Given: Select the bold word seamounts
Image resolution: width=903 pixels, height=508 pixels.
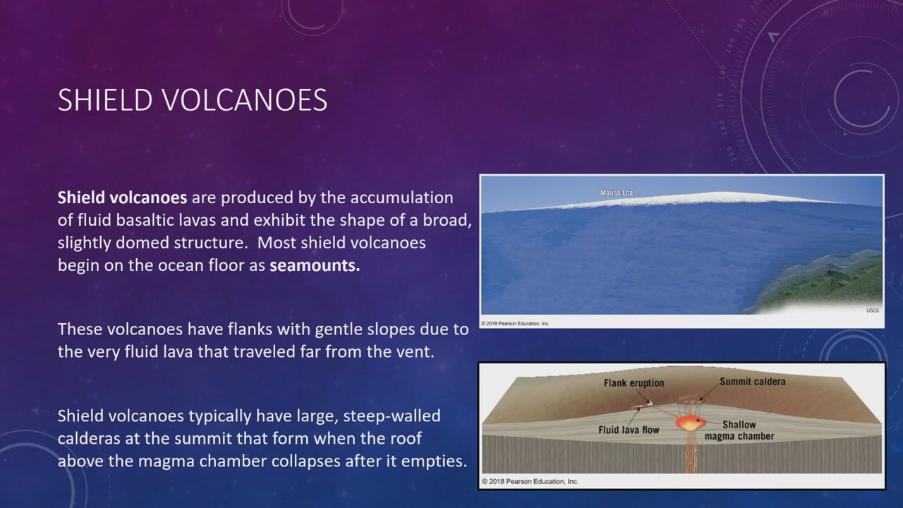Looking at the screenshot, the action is point(315,265).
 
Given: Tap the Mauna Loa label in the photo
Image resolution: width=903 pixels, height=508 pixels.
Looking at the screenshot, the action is point(617,193).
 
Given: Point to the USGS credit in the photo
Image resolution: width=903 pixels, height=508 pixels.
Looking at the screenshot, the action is point(873,310).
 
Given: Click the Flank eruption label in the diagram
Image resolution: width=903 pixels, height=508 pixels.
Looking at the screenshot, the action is point(634,383).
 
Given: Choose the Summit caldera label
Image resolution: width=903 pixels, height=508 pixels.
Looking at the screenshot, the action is point(753,382).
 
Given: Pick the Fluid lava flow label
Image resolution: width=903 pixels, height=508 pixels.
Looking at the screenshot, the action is point(629,430).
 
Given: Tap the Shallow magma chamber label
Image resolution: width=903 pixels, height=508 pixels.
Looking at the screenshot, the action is point(739,430).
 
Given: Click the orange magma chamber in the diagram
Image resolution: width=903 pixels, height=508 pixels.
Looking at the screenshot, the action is point(690,423).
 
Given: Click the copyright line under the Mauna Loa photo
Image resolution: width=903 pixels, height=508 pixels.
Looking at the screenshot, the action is point(515,323).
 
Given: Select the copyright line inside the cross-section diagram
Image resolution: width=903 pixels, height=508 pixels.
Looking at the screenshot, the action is point(530,481).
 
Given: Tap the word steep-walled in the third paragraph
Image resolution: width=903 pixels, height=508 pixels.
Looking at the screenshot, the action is point(392,416).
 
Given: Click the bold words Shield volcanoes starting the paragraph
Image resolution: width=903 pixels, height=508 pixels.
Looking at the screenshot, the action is point(122,198).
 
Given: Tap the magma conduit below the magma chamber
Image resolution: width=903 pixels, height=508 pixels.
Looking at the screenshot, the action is point(690,451).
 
